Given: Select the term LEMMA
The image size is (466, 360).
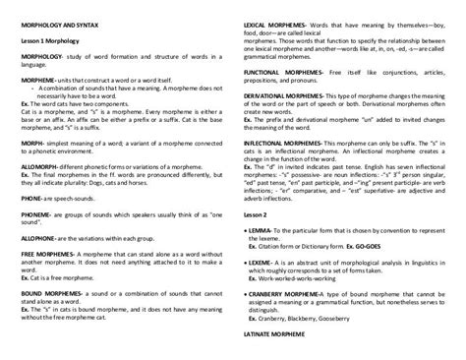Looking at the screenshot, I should click(x=262, y=227).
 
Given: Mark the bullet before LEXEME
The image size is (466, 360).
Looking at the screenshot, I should click(x=245, y=265).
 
